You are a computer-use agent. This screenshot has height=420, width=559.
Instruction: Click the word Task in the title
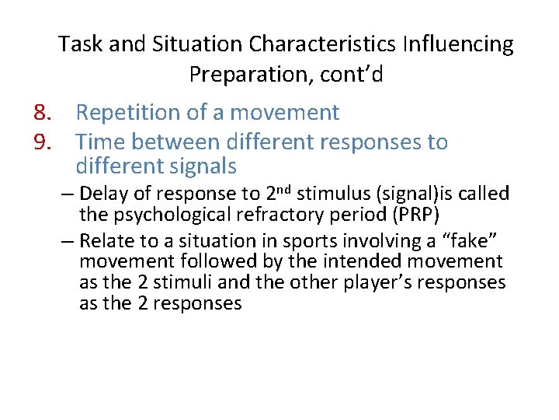point(81,44)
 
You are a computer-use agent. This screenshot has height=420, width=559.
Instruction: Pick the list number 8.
point(42,113)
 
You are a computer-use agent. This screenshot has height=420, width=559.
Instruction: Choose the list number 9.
point(42,142)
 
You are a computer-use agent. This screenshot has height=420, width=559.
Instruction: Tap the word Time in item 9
point(101,142)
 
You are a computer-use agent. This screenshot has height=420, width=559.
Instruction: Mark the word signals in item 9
point(200,166)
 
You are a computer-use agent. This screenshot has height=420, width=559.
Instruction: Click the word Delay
point(106,194)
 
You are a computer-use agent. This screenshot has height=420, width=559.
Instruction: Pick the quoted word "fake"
point(470,241)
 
